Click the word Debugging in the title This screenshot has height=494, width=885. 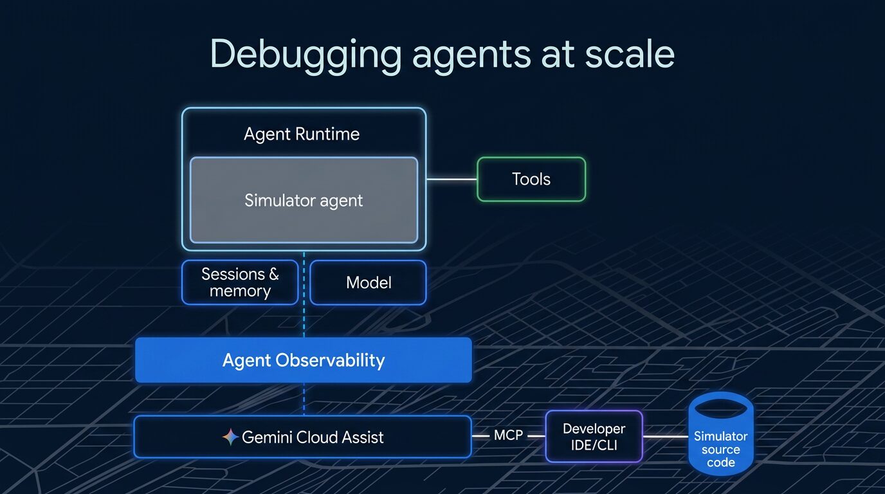tap(305, 55)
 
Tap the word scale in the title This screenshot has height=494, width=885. tap(630, 54)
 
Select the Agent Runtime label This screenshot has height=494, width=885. tap(302, 134)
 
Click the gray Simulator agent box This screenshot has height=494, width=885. tap(304, 200)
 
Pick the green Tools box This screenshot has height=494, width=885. tap(531, 179)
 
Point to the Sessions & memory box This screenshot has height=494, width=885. tap(240, 282)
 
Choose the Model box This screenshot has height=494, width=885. tap(369, 282)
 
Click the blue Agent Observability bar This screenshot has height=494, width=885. tap(304, 360)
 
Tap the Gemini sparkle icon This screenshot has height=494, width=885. tap(230, 437)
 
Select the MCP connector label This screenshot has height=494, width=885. tap(508, 435)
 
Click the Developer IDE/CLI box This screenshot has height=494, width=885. tap(594, 436)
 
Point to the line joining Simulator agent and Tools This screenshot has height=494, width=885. tap(452, 179)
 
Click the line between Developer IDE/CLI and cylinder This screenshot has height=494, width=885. tap(665, 436)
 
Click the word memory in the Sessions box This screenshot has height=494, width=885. tap(240, 291)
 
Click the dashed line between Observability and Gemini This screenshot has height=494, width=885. tap(304, 399)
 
